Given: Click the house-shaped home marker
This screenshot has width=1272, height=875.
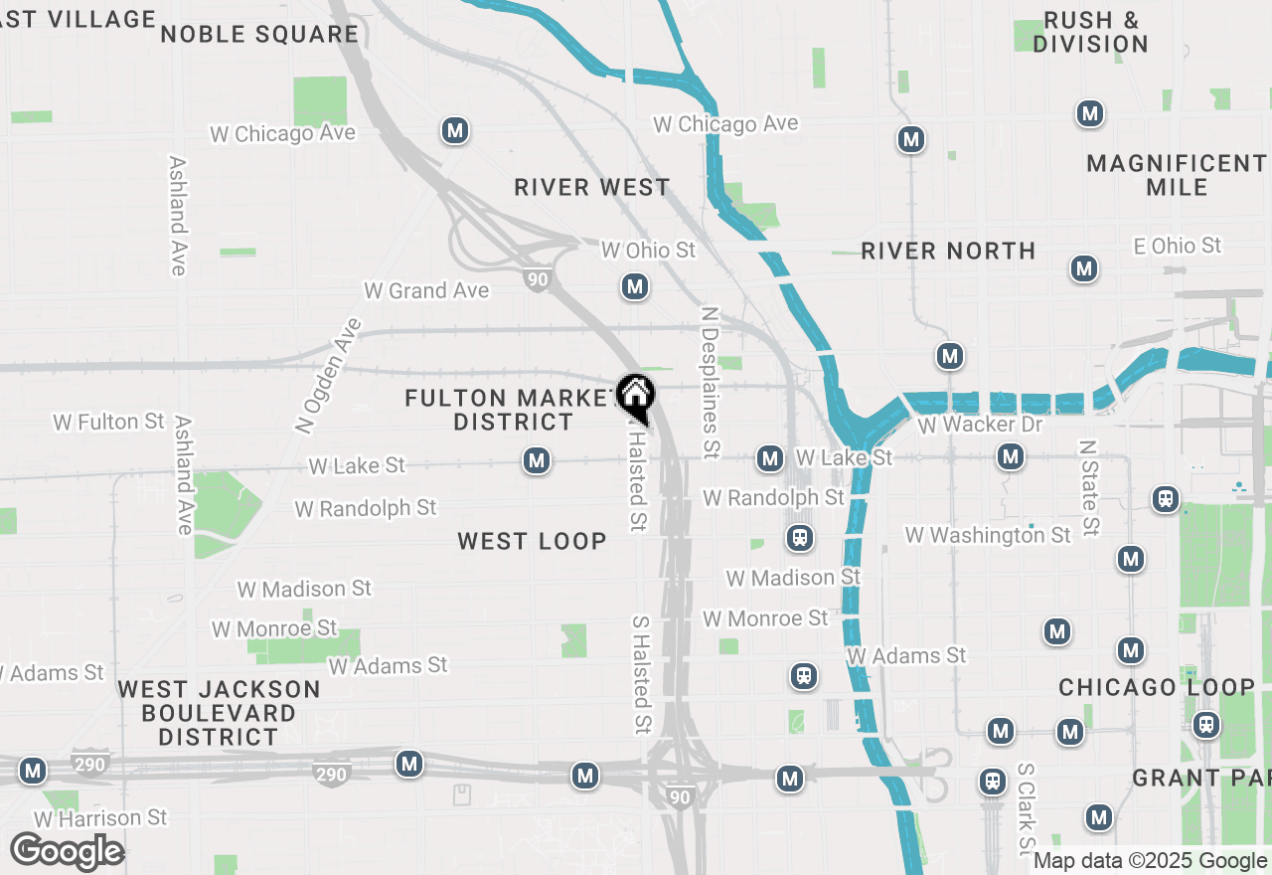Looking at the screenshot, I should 634,395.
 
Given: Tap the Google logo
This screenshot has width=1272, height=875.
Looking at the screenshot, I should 68,852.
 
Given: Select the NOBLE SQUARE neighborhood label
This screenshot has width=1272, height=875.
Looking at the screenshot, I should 259,34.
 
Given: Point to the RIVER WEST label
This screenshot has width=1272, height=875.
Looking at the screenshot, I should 592,187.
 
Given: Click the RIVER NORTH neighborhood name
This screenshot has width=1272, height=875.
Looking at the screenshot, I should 948,251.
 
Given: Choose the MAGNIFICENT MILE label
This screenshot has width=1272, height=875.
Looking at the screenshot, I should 1176,175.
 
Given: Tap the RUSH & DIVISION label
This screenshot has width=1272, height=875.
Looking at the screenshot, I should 1090,32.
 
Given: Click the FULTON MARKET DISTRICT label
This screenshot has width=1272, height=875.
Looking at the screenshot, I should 513,410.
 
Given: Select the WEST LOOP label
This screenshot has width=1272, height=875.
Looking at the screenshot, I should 532,541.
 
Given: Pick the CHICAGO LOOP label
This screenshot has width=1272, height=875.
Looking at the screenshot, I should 1157,687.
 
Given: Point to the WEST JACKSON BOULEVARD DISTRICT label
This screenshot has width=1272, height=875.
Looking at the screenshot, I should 219,713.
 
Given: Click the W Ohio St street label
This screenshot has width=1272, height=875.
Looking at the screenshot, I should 648,250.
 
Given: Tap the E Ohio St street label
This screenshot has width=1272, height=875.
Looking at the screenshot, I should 1178,245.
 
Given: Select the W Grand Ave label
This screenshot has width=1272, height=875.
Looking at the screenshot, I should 426,290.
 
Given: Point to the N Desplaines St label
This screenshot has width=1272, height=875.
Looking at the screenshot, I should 709,382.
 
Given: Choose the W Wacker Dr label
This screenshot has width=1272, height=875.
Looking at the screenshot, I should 980,425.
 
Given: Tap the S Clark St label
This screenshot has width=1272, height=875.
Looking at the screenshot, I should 1027,809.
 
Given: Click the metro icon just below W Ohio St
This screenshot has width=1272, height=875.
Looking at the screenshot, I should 635,287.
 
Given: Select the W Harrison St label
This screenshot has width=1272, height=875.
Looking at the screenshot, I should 100,818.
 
